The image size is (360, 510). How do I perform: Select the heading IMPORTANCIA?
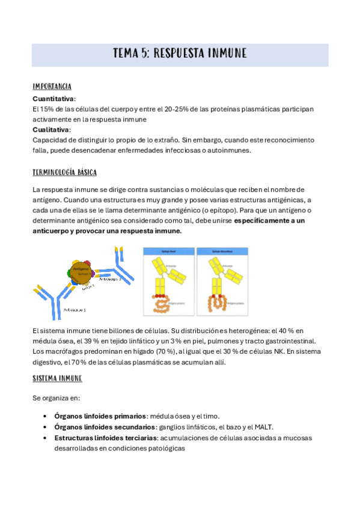[x=52, y=87]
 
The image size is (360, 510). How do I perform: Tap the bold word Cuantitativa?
[x=53, y=98]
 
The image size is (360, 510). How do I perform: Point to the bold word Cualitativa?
[x=51, y=129]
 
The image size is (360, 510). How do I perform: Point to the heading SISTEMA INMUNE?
[x=57, y=378]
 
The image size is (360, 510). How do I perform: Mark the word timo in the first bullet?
[x=210, y=416]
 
